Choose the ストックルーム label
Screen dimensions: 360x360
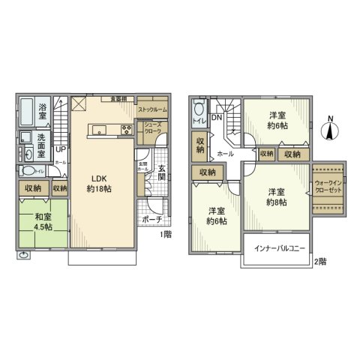(x=151, y=109)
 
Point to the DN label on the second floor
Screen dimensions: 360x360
(x=215, y=118)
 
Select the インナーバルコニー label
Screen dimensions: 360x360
(x=277, y=248)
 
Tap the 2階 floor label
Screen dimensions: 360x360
(x=320, y=261)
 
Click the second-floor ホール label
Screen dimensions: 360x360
(x=223, y=153)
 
